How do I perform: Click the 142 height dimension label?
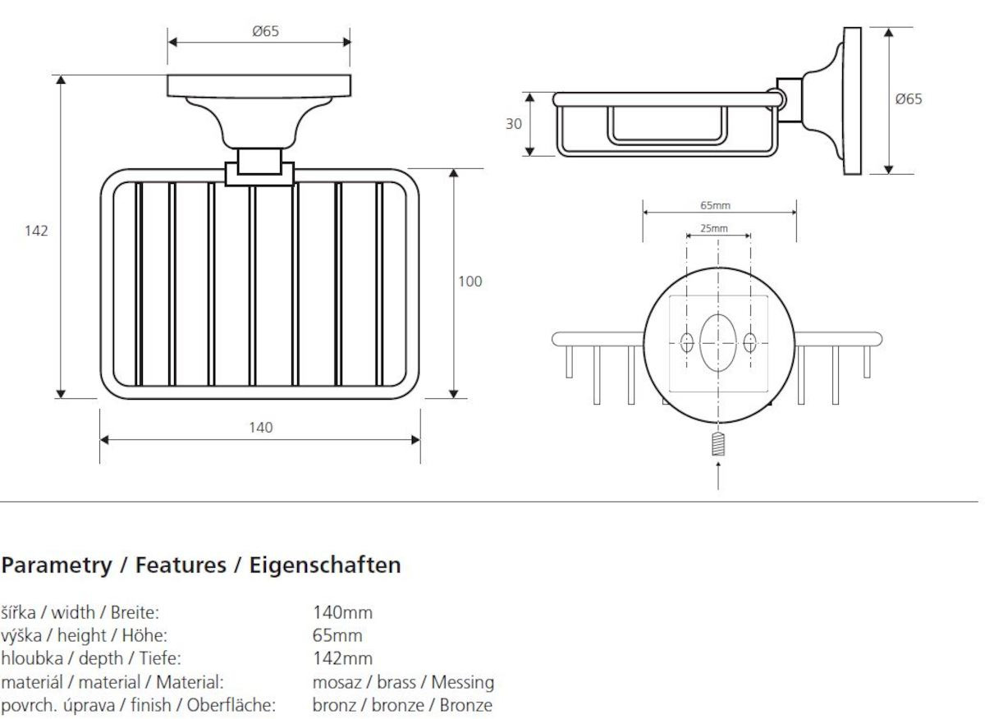point(36,231)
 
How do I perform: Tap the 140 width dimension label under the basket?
point(261,428)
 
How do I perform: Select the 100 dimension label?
point(470,281)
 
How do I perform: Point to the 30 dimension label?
point(514,124)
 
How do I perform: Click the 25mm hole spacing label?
point(713,228)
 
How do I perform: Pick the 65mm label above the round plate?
point(715,205)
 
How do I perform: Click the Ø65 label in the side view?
point(909,99)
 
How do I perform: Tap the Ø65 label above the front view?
point(266,31)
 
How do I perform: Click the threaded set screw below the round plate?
point(717,443)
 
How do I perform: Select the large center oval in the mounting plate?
point(718,342)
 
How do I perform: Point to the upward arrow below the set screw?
point(718,475)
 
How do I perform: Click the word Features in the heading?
point(181,565)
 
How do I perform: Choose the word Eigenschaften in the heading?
point(325,566)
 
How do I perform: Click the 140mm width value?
point(342,612)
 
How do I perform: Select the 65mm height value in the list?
point(337,635)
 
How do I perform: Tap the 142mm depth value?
point(342,658)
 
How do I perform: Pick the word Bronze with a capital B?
point(465,705)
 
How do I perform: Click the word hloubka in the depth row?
point(32,658)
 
